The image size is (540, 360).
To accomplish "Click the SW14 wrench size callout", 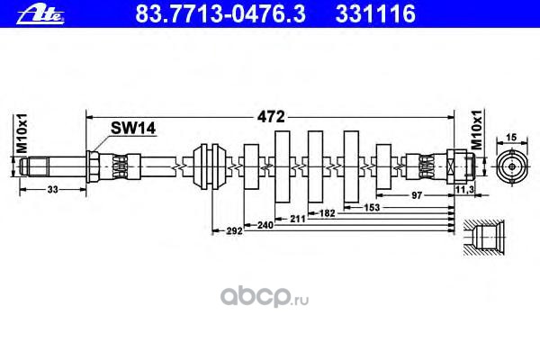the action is coord(133,129).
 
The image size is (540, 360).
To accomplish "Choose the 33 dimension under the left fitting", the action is coord(51,190).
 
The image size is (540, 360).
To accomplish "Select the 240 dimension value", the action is coord(265,225).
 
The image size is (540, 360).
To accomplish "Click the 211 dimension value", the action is coord(299,218).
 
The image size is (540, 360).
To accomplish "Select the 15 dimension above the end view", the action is coord(510,137).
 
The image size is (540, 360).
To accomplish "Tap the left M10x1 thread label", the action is coord(13,134).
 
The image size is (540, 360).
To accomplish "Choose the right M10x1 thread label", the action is coord(478,135).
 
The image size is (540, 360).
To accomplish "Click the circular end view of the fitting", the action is coord(510,166).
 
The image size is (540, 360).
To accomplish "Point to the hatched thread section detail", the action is coord(480,237).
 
